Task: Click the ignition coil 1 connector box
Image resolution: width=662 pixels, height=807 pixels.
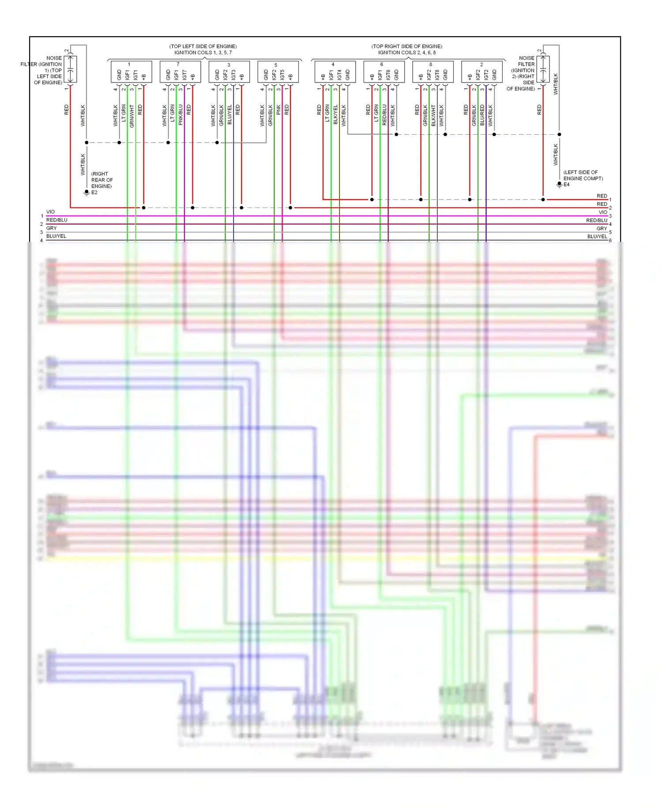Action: (x=131, y=72)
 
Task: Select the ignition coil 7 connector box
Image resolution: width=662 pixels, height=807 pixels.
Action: (x=180, y=72)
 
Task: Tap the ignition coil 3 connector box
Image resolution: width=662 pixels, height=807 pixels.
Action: (x=229, y=72)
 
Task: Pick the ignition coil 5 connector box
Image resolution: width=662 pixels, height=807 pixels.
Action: (x=278, y=72)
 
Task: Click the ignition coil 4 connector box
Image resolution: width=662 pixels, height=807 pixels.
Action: (x=335, y=72)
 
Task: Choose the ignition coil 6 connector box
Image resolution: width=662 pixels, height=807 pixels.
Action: (x=384, y=72)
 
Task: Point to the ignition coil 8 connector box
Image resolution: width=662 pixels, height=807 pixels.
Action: (x=433, y=72)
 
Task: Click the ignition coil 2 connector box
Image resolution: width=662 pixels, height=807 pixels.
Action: (x=482, y=72)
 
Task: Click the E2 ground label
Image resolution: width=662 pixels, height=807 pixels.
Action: (x=94, y=192)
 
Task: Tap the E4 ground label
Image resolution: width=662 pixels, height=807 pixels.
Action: (x=566, y=185)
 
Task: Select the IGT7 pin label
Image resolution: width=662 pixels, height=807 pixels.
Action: (x=184, y=75)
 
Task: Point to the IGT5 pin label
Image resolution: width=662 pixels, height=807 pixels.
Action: (x=282, y=75)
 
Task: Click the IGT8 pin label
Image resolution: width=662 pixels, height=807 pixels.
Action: (x=437, y=75)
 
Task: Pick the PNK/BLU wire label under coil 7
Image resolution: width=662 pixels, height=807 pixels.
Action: (x=181, y=115)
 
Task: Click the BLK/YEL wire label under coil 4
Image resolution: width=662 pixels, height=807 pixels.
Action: (x=335, y=115)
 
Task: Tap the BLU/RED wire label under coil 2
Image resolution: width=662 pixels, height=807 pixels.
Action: (x=482, y=115)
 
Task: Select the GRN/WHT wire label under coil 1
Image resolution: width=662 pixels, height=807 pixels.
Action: (x=132, y=116)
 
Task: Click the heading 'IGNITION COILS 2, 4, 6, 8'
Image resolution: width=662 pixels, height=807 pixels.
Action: (x=406, y=53)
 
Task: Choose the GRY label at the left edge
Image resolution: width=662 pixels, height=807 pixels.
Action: (x=52, y=228)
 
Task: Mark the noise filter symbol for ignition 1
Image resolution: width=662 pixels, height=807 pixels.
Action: (x=70, y=69)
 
